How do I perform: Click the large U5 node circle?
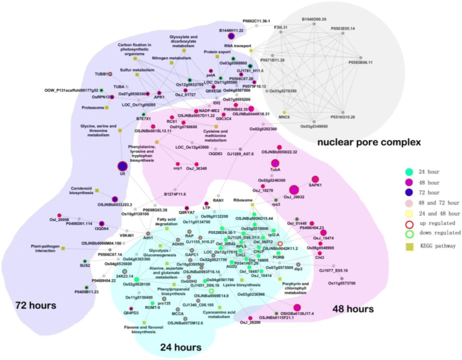point(122,167)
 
